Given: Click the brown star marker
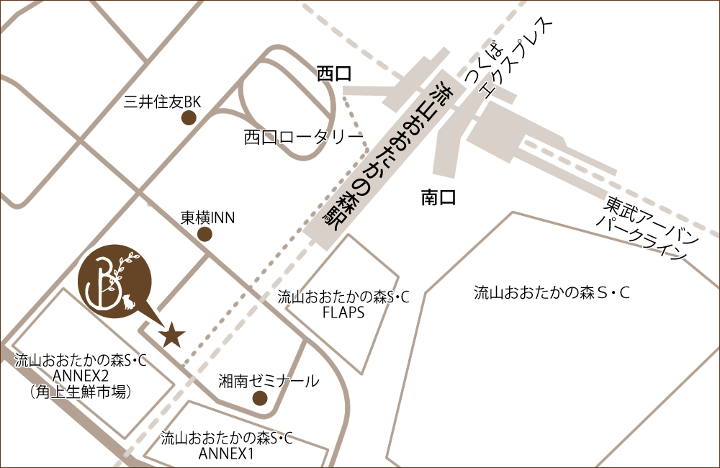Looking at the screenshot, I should [171, 335].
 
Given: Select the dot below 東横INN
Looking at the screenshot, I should [204, 234].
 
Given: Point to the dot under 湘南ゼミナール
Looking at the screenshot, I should [260, 398].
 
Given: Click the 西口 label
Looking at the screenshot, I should [334, 73].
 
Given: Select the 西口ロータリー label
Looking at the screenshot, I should [302, 136].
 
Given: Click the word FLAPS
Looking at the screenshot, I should [343, 312].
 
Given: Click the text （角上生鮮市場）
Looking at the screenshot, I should [80, 392].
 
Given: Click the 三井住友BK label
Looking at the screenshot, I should [161, 102].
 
